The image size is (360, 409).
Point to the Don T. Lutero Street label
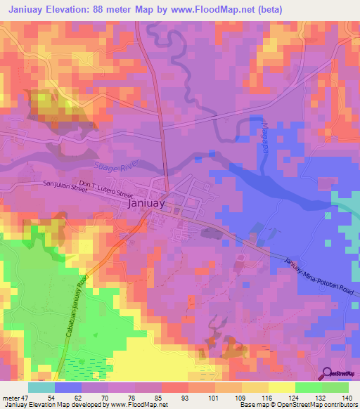pos(106,188)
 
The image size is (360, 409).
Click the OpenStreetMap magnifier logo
pos(328,373)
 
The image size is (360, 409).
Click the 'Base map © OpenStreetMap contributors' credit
pos(298,404)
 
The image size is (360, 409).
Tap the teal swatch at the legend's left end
pos(41,387)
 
